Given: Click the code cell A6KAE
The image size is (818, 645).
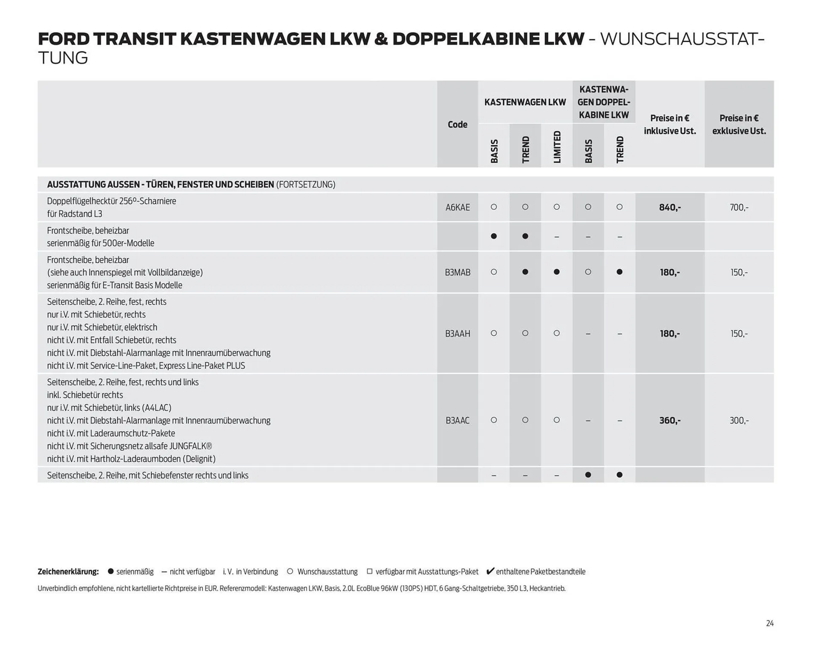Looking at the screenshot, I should click(x=458, y=207).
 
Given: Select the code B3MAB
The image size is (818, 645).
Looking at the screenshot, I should click(x=458, y=272).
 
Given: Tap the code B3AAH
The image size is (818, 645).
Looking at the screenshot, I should click(x=458, y=334).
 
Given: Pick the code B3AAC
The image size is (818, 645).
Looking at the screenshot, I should click(x=458, y=420).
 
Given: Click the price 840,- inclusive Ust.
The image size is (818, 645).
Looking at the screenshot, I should click(x=670, y=207).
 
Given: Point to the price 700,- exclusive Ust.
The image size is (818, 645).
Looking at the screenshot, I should click(x=739, y=207).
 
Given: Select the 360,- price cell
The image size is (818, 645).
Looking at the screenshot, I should click(x=670, y=420).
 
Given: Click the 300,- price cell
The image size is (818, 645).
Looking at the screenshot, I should click(x=739, y=420).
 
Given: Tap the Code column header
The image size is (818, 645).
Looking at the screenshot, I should click(x=458, y=124).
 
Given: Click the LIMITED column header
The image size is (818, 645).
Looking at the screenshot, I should click(x=557, y=147).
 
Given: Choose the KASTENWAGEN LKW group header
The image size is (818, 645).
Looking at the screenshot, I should click(x=525, y=102).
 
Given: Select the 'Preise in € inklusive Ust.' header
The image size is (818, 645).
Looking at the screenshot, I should click(x=670, y=124).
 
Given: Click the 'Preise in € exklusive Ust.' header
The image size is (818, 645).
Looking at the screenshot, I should click(x=739, y=124).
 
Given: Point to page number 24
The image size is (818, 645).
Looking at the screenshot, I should click(x=769, y=623).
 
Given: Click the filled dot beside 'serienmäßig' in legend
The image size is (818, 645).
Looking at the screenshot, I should click(x=111, y=571).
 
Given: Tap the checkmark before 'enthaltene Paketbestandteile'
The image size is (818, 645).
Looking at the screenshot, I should click(x=490, y=571).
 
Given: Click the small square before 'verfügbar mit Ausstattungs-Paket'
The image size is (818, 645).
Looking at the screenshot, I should click(x=369, y=571).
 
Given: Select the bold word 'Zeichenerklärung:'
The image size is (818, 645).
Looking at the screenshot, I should click(x=68, y=572).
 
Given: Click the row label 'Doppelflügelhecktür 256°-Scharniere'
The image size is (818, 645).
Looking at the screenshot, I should click(x=112, y=201).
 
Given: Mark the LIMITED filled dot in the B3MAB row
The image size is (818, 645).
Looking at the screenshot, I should click(x=556, y=272).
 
